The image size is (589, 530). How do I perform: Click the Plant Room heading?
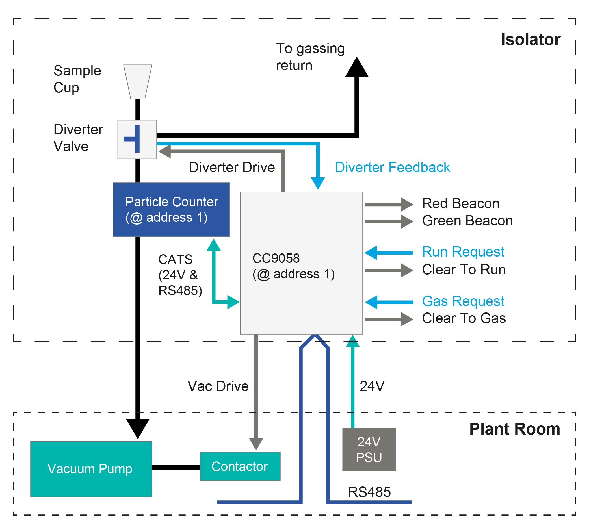click(x=514, y=429)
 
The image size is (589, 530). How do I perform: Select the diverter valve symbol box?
click(x=137, y=140)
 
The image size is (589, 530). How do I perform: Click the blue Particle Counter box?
click(x=171, y=209)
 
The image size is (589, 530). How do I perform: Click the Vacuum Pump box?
click(x=91, y=469)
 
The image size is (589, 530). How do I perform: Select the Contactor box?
click(x=240, y=466)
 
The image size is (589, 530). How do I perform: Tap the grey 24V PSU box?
click(x=369, y=450)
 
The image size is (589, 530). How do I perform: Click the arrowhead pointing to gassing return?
click(x=357, y=68)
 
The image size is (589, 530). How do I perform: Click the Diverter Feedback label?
click(x=392, y=167)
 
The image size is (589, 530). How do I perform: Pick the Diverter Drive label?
click(x=231, y=167)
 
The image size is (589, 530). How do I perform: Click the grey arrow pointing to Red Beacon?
click(x=389, y=205)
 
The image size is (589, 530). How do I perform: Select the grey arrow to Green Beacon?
click(x=389, y=221)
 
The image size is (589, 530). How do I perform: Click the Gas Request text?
click(x=463, y=301)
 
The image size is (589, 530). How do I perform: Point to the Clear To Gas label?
click(x=464, y=318)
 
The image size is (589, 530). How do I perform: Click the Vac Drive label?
click(x=218, y=386)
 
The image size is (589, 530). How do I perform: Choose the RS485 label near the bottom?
click(x=369, y=492)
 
